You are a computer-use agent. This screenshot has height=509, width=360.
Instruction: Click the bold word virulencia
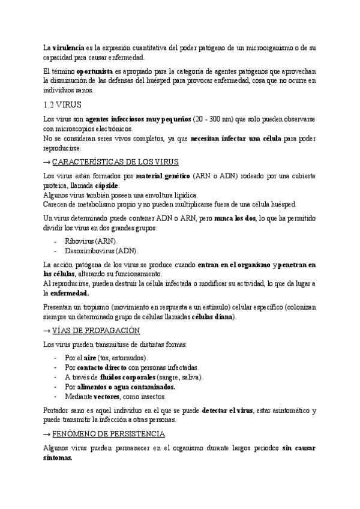[x=69, y=47]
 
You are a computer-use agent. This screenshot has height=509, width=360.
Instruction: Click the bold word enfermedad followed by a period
[x=70, y=293]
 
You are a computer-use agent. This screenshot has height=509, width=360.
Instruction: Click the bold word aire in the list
[x=89, y=358]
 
